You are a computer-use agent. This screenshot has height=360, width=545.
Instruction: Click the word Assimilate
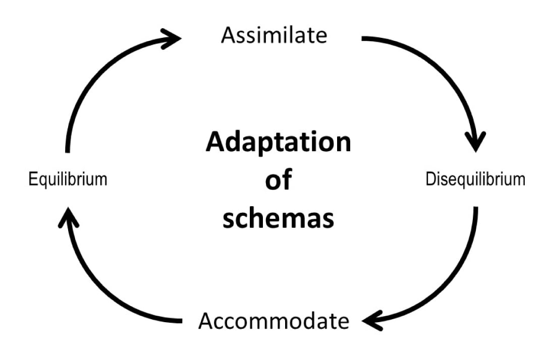click(x=274, y=36)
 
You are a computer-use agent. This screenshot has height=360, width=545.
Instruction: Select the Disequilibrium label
click(x=475, y=179)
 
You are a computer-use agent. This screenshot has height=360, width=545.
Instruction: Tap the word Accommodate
click(x=274, y=321)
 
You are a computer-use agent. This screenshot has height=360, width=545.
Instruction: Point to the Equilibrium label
click(x=68, y=179)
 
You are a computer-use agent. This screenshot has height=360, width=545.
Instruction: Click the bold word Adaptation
click(x=278, y=143)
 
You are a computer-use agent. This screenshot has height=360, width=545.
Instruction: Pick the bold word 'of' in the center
click(x=278, y=180)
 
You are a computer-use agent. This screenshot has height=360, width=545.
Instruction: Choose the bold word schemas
click(x=278, y=219)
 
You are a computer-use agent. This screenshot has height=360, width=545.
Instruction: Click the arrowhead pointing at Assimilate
click(x=172, y=38)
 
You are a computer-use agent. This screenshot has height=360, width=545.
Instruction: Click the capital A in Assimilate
click(x=228, y=36)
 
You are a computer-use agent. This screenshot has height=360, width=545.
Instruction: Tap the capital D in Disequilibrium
click(x=430, y=179)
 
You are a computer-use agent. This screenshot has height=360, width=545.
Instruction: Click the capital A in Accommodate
click(x=206, y=321)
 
